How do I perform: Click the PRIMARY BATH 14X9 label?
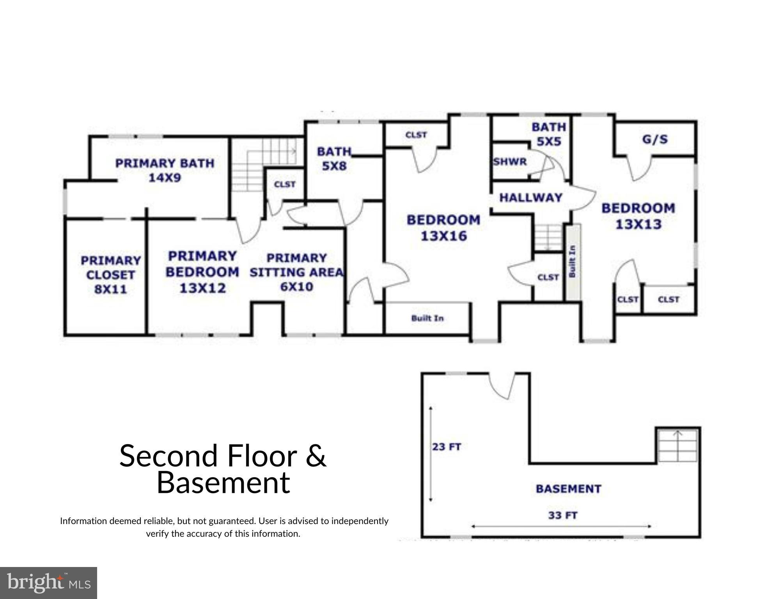165,171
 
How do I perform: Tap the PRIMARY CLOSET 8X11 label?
110,275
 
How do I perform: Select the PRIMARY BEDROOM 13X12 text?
202,272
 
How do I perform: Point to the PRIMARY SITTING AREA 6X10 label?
296,272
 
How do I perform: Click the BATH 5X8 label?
334,158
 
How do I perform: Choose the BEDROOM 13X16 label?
443,228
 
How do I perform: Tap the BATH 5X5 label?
548,134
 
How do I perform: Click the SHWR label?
510,162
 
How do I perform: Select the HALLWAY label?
530,197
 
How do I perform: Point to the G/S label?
655,139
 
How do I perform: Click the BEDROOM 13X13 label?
638,216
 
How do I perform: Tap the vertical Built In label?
573,261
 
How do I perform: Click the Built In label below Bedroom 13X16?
427,318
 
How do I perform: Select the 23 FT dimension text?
447,446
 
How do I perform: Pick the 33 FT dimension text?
562,515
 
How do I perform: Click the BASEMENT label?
568,489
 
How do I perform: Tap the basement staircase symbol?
677,445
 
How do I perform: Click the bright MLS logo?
48,583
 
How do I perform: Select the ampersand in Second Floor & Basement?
316,455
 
